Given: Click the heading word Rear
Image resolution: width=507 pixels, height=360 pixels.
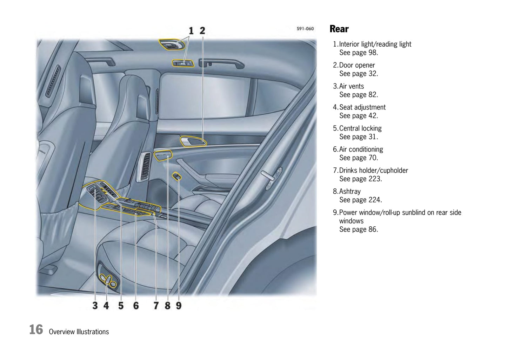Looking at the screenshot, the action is [339, 29].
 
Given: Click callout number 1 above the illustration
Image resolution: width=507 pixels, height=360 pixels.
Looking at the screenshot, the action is [191, 31].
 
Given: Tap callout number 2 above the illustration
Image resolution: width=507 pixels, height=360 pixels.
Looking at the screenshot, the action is [202, 31].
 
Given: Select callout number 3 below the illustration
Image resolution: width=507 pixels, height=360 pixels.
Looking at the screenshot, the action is [95, 305].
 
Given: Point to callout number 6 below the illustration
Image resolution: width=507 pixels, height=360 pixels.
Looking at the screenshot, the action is [136, 305].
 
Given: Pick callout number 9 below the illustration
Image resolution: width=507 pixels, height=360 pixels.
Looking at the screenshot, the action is [179, 305].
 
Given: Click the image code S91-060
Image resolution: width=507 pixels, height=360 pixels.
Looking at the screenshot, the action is [305, 29].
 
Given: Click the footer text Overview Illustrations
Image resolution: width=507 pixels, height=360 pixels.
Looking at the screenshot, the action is [79, 332].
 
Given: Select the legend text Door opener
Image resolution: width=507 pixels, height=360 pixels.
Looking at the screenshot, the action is [357, 65].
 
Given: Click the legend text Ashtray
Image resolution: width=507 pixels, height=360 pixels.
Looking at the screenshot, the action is [350, 192].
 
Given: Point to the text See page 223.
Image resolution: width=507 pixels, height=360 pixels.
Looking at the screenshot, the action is [361, 179].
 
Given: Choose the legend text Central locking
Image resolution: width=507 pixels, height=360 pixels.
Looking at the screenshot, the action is [360, 128].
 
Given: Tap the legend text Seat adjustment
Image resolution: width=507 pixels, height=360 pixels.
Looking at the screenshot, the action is [362, 107].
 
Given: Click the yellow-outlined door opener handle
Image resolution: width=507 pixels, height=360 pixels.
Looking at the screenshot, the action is [193, 141].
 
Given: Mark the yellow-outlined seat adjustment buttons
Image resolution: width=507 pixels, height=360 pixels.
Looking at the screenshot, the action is [109, 281].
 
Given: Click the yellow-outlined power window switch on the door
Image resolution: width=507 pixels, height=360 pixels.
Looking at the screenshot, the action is [177, 176].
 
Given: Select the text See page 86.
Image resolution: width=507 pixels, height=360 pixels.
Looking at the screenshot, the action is [359, 229].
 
